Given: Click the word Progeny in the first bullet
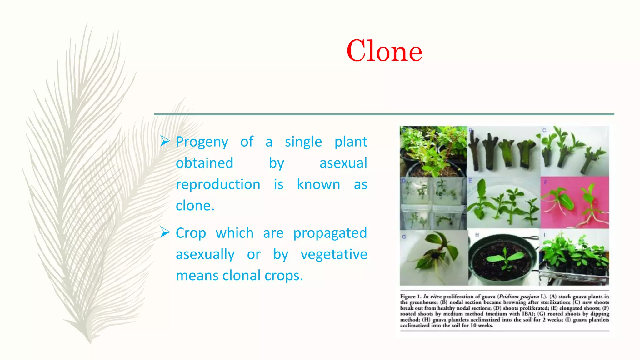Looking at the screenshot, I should click(x=202, y=142).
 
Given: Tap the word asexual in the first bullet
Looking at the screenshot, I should click(x=343, y=163).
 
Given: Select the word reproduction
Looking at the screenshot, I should click(x=218, y=184).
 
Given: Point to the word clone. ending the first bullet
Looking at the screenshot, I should click(x=195, y=206).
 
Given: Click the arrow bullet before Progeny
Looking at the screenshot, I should click(x=165, y=141).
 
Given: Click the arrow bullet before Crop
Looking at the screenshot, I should click(x=165, y=232).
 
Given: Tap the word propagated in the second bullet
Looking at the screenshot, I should click(x=330, y=233).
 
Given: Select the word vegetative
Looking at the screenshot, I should click(x=333, y=254).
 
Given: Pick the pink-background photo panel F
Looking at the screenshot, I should click(x=574, y=202).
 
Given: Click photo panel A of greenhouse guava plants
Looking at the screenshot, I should click(x=433, y=151).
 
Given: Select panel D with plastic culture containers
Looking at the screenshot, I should click(x=433, y=203).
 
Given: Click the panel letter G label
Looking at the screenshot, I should click(x=404, y=237).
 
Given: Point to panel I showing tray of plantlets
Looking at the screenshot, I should click(x=574, y=257).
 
